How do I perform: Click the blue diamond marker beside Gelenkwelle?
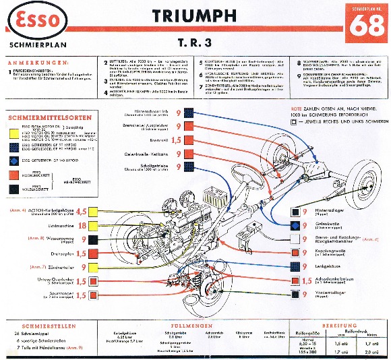click(294, 223)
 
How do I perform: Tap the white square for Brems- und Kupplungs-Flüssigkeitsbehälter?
click(294, 238)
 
